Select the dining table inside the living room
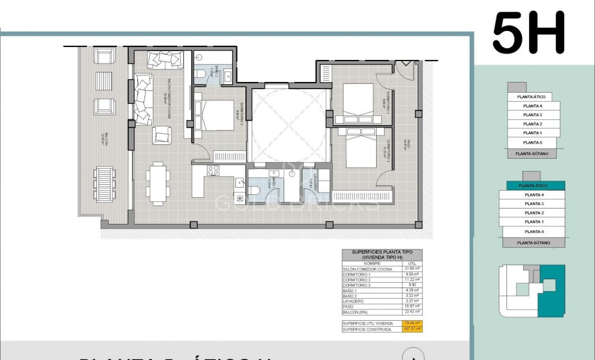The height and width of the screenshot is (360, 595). pos(158,183)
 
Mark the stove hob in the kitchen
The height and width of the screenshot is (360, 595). pos(213,170)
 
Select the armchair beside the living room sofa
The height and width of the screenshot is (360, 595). pos(161,135)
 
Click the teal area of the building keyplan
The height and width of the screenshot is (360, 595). pos(550,291)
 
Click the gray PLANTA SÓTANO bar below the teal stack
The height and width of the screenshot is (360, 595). pos(533,242)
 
